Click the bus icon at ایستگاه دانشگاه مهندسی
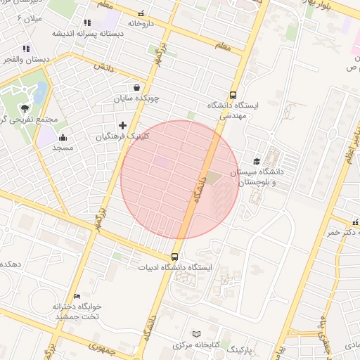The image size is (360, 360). (x=233, y=96)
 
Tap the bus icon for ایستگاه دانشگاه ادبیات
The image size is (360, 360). (x=174, y=257)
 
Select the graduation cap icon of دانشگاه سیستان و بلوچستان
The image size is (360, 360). (x=256, y=162)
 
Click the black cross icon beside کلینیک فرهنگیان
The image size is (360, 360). (x=122, y=125)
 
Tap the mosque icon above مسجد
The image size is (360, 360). (x=63, y=138)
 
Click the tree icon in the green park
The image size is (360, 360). (x=26, y=108)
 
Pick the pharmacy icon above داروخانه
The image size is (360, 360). (x=141, y=13)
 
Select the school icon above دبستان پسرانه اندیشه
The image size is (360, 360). (x=87, y=23)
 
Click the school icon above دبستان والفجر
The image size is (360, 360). (x=26, y=49)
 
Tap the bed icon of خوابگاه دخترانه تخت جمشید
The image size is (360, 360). (x=77, y=296)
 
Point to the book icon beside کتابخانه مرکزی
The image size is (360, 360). (x=196, y=333)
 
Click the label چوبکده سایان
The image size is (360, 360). (x=136, y=99)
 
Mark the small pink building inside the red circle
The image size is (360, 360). (x=162, y=163)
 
